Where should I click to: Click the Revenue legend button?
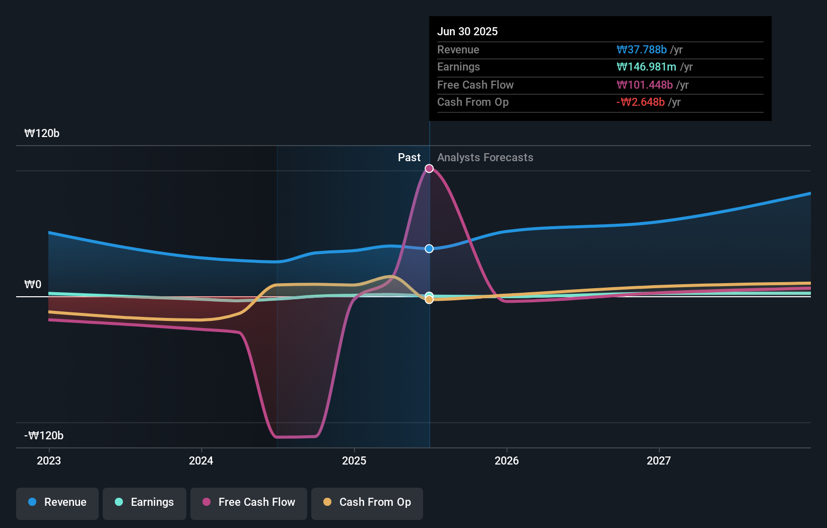coord(57,502)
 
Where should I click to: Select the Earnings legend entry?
coord(145,502)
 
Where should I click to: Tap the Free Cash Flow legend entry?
coord(249,502)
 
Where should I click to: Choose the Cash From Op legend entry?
coord(367,502)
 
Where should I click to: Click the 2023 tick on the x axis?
coord(49,460)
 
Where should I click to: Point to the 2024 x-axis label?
coord(201,460)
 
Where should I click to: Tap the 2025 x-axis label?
coord(354,460)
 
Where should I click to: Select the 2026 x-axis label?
coord(507,460)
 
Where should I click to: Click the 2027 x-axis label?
coord(659,460)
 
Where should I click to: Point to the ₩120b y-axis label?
coord(42,134)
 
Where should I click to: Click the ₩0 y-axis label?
coord(33,285)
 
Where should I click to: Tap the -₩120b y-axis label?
coord(44,436)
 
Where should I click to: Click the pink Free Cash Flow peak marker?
coord(429,168)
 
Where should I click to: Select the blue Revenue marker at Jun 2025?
coord(429,249)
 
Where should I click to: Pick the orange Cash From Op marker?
coord(429,300)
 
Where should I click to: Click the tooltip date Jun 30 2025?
coord(467,31)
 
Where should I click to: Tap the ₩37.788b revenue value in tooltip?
coord(641,49)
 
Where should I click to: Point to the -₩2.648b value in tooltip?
coord(640,102)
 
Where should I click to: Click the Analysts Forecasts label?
coord(485,158)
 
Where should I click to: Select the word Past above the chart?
coord(409,158)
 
